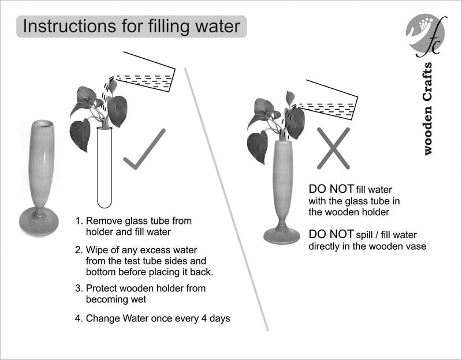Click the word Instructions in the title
pos(69,26)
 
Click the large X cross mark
pos(333,148)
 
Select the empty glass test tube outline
pos(105,167)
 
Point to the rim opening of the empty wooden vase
pos(43,123)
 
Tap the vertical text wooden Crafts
pos(427,109)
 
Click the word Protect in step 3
pos(102,288)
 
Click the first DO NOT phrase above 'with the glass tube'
pos(331,189)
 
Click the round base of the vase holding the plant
pos(282,236)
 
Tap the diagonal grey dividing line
pos(226,200)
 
